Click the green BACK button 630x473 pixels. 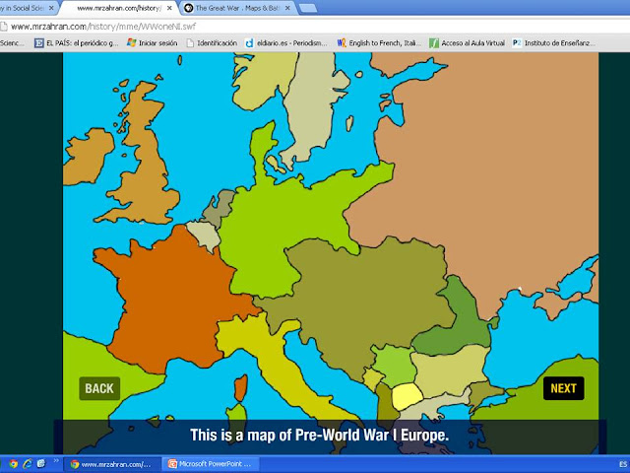[99, 388]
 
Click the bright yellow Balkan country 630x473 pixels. [407, 397]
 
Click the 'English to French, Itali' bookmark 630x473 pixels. [380, 43]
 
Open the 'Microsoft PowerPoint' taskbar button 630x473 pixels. [212, 463]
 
